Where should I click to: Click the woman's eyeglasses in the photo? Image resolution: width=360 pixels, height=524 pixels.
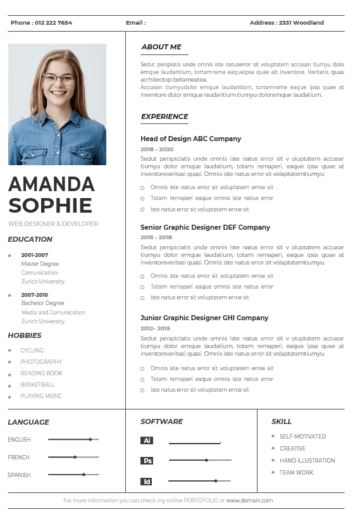click(x=58, y=80)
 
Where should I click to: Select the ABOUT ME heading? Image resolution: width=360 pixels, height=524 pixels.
click(x=161, y=47)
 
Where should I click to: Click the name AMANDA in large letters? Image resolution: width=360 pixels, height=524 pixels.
click(x=51, y=184)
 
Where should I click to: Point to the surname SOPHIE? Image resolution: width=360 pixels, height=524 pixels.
click(x=50, y=205)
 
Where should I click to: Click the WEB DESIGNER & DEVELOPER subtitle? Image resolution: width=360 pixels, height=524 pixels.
click(x=53, y=224)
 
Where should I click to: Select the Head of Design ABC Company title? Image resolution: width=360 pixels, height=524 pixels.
click(x=190, y=139)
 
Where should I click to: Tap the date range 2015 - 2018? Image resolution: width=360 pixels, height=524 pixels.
click(x=156, y=237)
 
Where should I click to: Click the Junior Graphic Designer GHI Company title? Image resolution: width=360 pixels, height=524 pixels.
click(x=204, y=318)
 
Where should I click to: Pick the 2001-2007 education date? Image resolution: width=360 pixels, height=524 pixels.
click(x=34, y=255)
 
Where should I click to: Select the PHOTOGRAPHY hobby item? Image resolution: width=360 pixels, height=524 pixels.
click(x=41, y=362)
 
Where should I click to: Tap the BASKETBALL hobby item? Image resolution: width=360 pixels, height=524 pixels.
click(x=37, y=385)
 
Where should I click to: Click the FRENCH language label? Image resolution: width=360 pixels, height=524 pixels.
click(x=18, y=457)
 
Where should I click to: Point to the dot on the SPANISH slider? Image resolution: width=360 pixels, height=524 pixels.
click(x=84, y=475)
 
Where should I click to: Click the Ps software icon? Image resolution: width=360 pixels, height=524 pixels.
click(x=147, y=461)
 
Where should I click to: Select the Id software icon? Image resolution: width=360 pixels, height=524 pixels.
click(x=147, y=482)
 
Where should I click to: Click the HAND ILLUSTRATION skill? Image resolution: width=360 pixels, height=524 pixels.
click(x=307, y=461)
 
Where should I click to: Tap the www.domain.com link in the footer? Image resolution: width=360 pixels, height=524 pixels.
click(x=249, y=501)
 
